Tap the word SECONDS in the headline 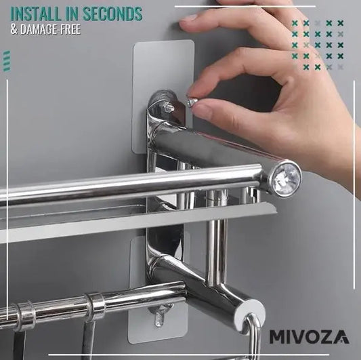pos(112,14)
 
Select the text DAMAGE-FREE pos(50,29)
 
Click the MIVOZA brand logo pos(310,337)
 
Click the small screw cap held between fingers pos(192,102)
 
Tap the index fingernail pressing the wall pos(188,18)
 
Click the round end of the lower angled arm pos(251,311)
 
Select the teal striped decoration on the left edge pos(7,61)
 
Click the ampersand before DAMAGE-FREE pos(14,30)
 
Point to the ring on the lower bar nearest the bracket pos(95,304)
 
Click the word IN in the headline pos(72,14)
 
